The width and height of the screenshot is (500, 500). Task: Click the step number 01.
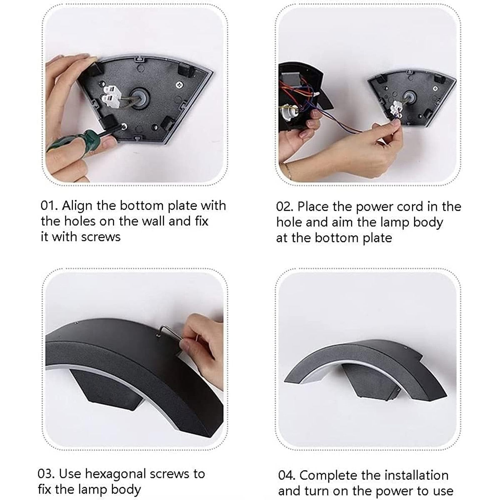click(49, 206)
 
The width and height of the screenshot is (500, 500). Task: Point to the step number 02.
click(285, 207)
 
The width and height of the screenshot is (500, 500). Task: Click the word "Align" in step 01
click(77, 206)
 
